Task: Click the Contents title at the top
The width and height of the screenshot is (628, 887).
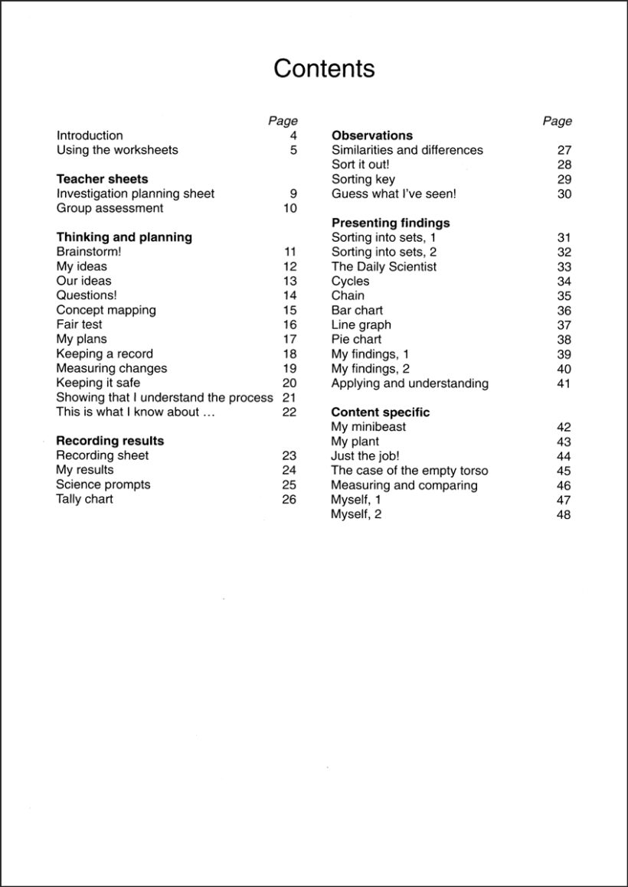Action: [x=324, y=69]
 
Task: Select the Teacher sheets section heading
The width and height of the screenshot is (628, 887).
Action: [x=102, y=179]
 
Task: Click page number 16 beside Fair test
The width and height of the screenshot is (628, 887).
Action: [x=289, y=324]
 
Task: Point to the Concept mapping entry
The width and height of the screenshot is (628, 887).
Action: [x=106, y=310]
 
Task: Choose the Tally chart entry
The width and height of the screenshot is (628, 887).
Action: [x=84, y=499]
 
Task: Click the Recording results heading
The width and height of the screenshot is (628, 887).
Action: [x=110, y=441]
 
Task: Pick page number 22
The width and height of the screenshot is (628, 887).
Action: [x=289, y=412]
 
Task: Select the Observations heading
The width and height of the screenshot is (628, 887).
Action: [x=371, y=135]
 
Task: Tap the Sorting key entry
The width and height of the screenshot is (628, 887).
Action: [x=363, y=179]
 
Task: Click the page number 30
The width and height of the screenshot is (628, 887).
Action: [x=564, y=194]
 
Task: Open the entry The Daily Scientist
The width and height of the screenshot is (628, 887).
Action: [x=384, y=266]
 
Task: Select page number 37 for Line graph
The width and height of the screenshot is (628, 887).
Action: [x=564, y=325]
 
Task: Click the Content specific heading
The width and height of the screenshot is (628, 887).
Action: [x=380, y=412]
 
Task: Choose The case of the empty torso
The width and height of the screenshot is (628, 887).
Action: [x=409, y=471]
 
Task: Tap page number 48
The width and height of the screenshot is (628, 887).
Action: [x=564, y=515]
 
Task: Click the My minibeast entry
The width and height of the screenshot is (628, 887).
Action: [x=368, y=426]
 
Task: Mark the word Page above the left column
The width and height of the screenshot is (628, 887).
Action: [x=283, y=121]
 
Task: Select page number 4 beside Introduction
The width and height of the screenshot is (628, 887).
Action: [x=293, y=135]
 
